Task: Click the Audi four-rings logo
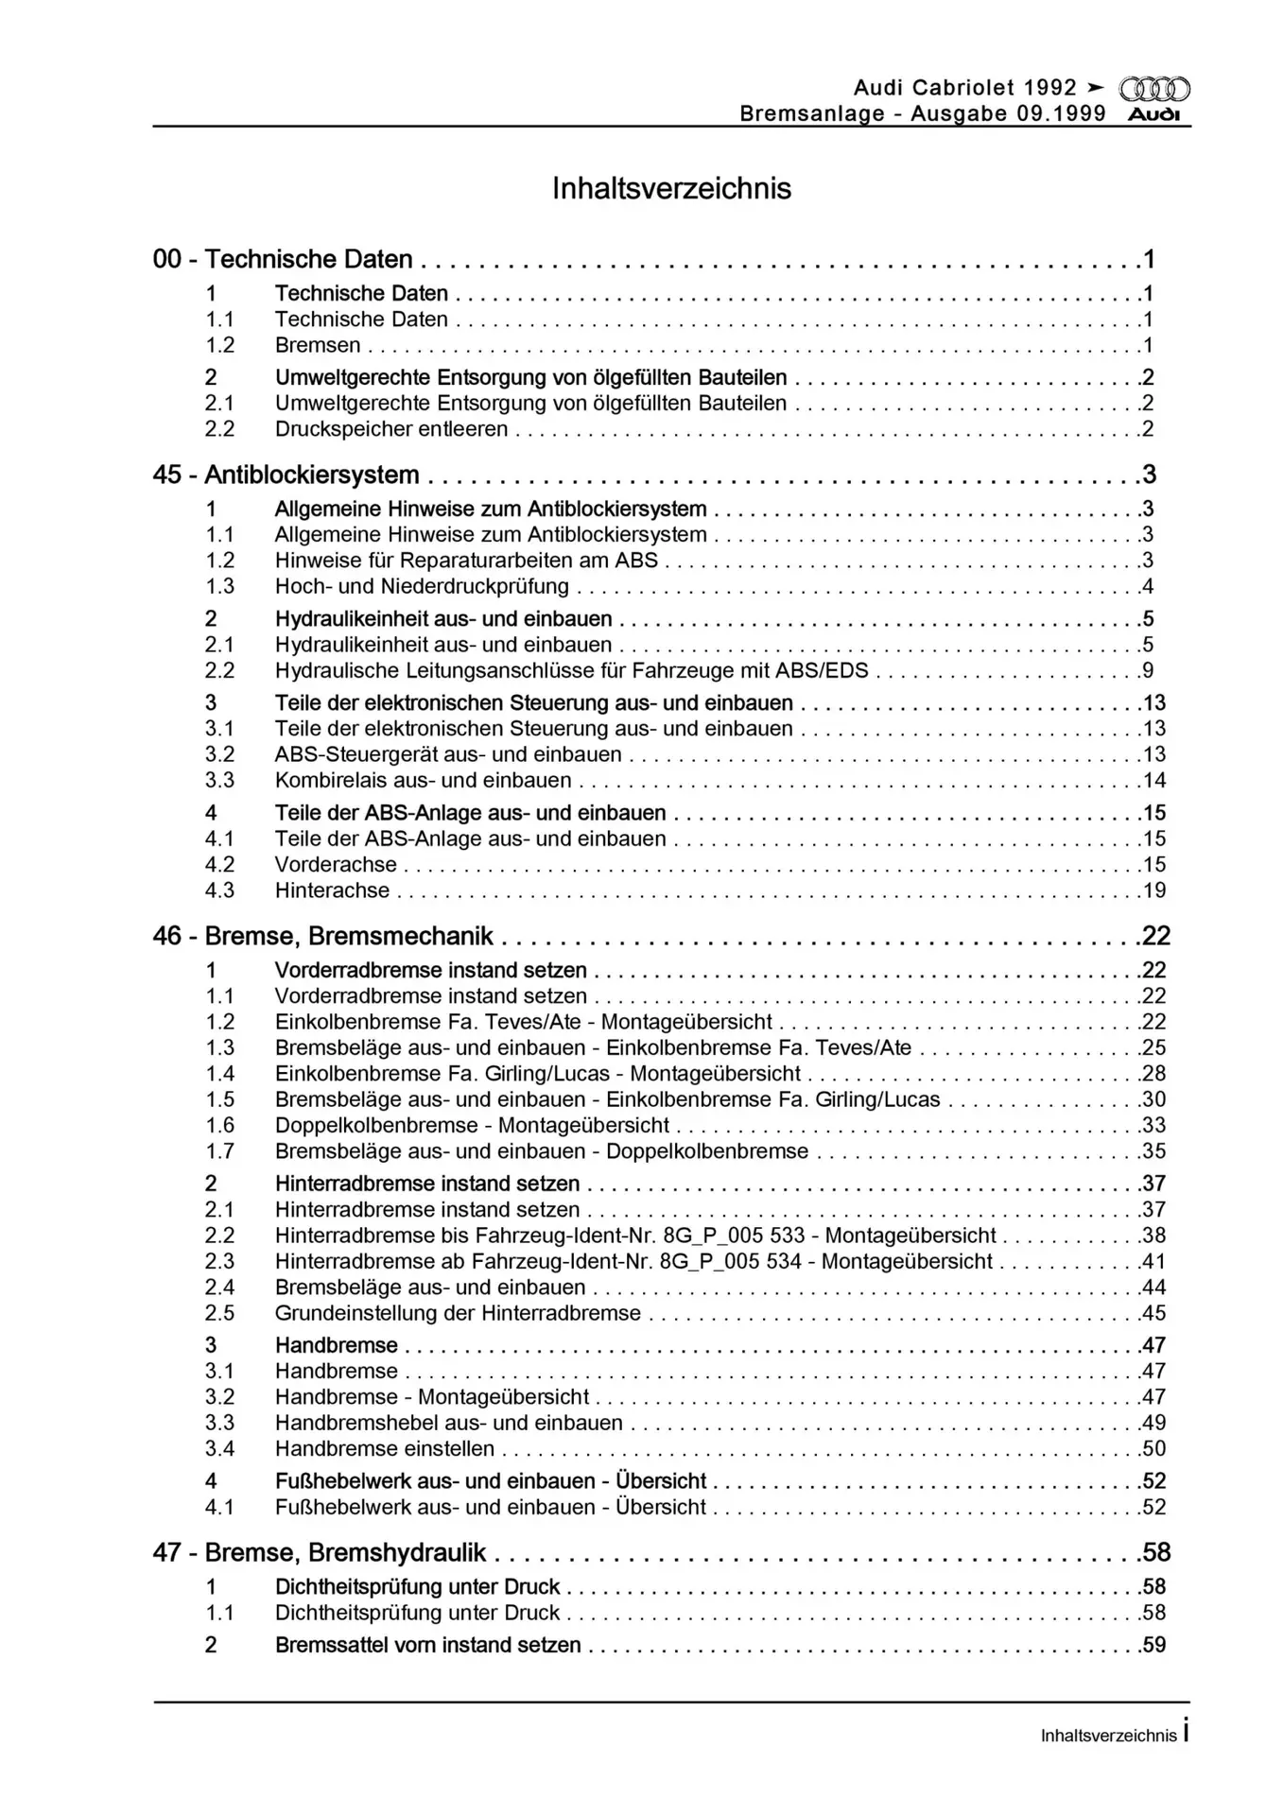coord(1154,90)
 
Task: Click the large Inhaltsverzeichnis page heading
coord(671,189)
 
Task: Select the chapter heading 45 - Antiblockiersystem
coord(286,475)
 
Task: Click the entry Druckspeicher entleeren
coord(391,429)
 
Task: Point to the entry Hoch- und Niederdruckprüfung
coord(422,586)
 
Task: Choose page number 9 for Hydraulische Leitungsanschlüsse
coord(1148,671)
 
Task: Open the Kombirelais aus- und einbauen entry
coord(423,781)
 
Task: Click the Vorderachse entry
coord(336,865)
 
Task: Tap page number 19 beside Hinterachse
coord(1153,890)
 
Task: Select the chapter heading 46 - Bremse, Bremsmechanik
coord(322,936)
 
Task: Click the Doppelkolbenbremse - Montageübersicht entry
coord(472,1126)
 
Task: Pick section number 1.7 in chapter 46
coord(219,1151)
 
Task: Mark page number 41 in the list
coord(1153,1262)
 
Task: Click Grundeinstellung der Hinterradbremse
coord(458,1314)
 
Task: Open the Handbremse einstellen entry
coord(384,1449)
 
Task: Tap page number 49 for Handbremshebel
coord(1153,1424)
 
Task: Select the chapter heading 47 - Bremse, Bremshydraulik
coord(320,1553)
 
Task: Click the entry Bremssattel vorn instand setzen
coord(427,1646)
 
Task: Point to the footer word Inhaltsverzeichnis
coord(1108,1736)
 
